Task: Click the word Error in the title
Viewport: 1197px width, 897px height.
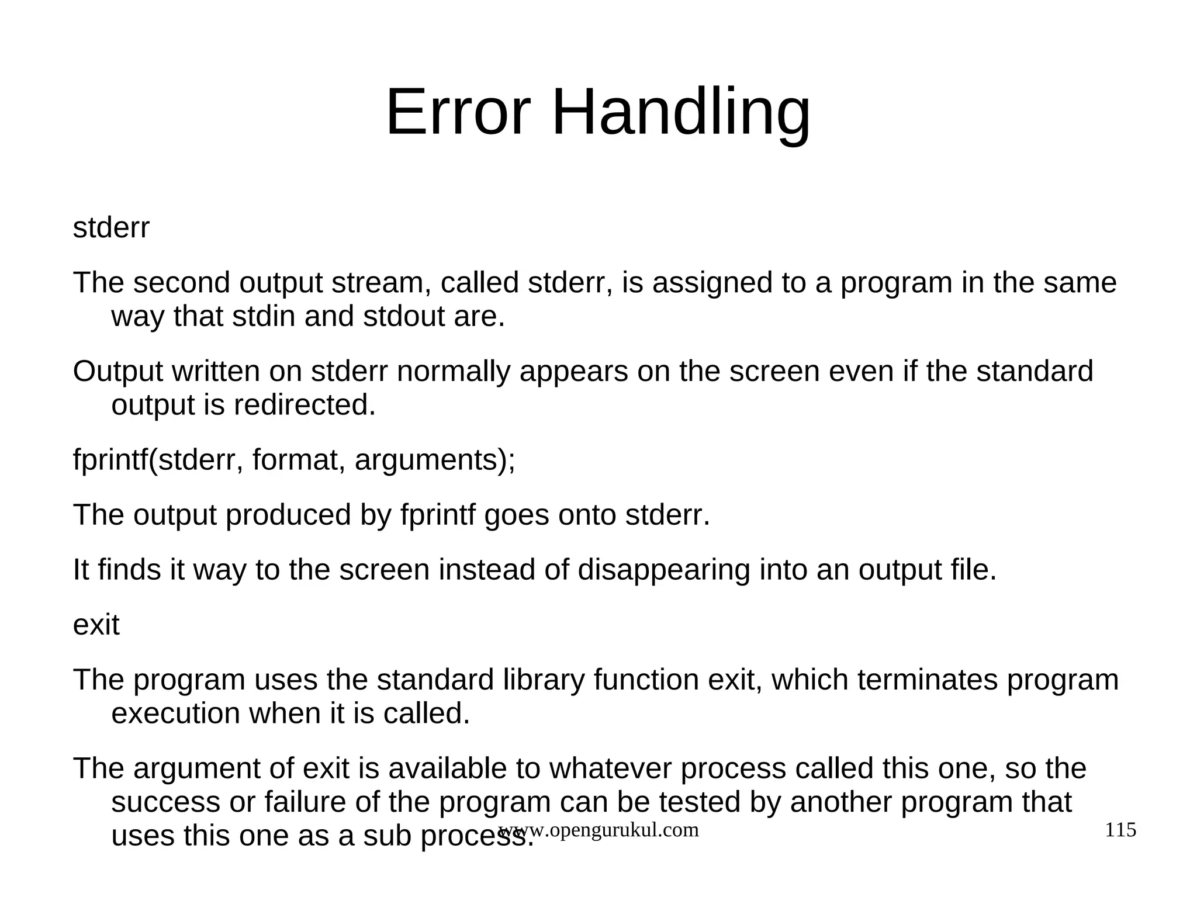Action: (x=458, y=112)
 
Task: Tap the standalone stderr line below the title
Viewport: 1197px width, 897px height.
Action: (x=111, y=228)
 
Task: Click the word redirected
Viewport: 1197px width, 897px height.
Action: (x=304, y=405)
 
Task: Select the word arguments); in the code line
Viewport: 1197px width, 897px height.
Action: (x=435, y=460)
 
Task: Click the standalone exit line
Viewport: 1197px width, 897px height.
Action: (x=96, y=625)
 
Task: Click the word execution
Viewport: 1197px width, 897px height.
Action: (x=175, y=714)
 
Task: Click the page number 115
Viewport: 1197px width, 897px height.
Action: (x=1120, y=830)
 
